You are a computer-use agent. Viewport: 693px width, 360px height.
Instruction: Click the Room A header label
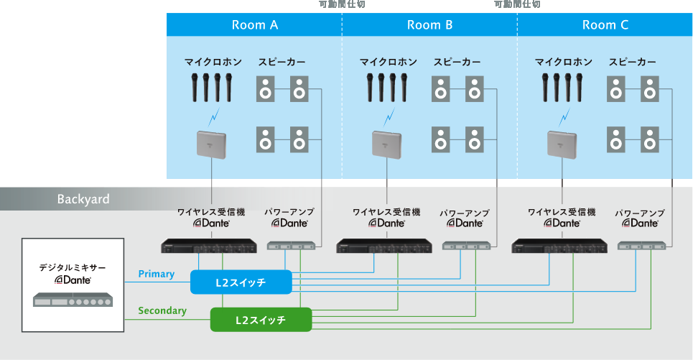click(254, 25)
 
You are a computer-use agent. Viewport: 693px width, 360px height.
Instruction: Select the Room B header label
click(429, 25)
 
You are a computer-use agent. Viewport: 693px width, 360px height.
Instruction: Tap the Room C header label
click(605, 25)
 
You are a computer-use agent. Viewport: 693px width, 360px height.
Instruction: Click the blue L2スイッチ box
click(241, 282)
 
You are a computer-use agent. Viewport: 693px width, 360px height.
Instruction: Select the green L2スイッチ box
click(261, 319)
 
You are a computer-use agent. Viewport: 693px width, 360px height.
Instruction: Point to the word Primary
click(156, 274)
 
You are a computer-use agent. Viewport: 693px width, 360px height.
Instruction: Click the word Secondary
click(162, 310)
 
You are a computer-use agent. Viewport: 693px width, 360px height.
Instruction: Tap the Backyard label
click(83, 199)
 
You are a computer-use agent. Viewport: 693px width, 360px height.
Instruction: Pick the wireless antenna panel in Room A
click(212, 143)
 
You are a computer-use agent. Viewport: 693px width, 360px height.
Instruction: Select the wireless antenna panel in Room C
click(562, 143)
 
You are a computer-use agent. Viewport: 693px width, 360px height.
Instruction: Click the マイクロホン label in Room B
click(388, 63)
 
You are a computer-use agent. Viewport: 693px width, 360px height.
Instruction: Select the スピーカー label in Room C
click(632, 63)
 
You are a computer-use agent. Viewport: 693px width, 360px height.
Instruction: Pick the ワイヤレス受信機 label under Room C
click(562, 212)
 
